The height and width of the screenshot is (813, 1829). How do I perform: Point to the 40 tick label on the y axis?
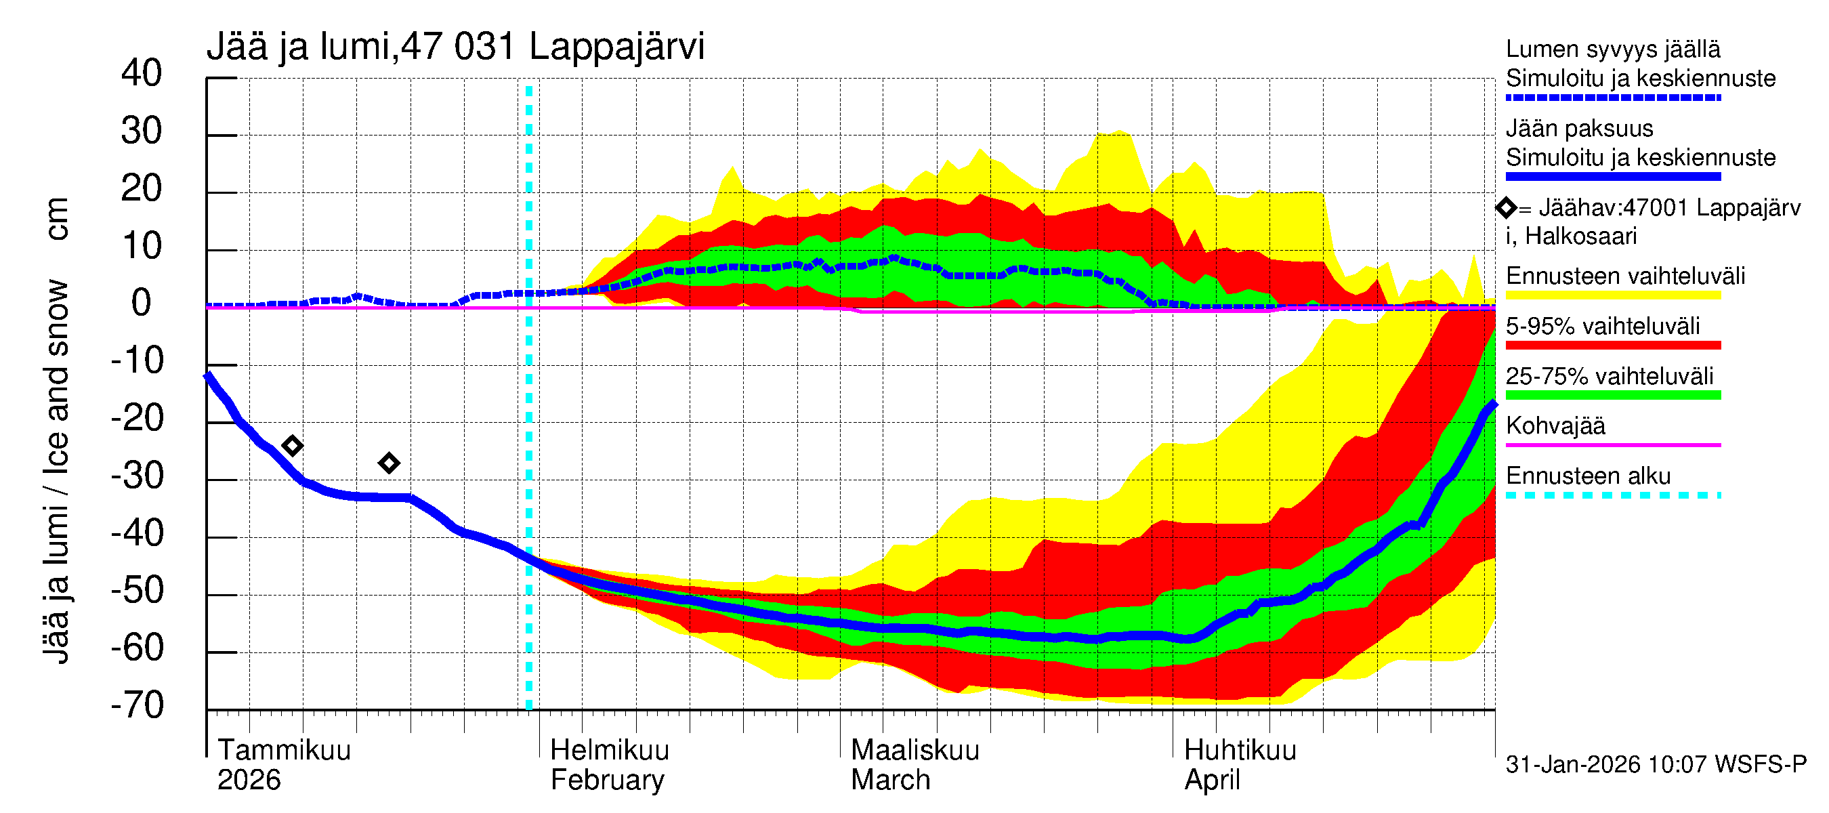(142, 73)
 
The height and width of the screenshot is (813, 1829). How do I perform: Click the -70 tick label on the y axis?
(138, 706)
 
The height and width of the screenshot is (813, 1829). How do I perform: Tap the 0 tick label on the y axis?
(142, 304)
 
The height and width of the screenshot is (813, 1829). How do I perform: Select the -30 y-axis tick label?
(138, 476)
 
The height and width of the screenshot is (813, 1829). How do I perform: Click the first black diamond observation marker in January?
(292, 446)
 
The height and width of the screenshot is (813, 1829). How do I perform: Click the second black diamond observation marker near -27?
(388, 463)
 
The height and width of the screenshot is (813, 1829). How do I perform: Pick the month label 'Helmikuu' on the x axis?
(609, 750)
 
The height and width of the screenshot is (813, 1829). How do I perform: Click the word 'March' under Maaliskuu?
(890, 780)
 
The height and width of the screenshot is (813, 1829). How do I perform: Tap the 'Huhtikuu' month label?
(1240, 750)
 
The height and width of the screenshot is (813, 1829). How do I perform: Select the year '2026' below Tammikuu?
(249, 780)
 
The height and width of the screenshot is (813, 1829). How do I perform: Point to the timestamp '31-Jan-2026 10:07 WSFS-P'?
(1656, 764)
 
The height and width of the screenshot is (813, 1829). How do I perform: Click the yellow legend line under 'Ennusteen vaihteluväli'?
(1612, 295)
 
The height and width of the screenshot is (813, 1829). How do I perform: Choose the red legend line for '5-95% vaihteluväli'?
(1612, 345)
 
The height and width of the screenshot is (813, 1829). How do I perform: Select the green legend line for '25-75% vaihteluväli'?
(1612, 396)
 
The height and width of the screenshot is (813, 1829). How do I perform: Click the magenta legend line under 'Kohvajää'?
(1612, 445)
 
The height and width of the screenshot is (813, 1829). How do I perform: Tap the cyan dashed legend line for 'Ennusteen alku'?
(1612, 495)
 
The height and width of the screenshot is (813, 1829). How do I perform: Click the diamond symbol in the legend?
(1506, 208)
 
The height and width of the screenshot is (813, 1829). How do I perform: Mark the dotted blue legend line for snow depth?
(1612, 98)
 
